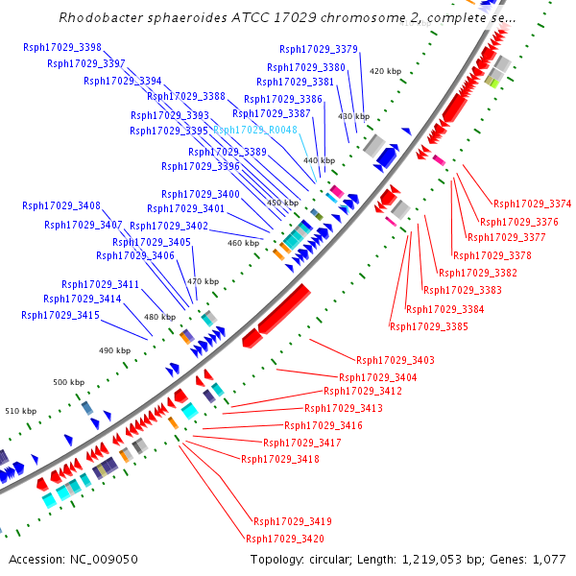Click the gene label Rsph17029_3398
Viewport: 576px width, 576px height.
pos(65,48)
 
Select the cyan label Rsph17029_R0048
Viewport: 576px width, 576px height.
pos(255,130)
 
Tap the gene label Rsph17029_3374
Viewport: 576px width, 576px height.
pos(532,204)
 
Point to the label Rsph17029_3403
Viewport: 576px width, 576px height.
pos(396,360)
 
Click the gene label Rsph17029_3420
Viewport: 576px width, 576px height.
pos(285,539)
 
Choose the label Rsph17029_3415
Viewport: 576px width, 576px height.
pos(60,315)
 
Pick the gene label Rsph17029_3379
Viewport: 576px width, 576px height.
pos(319,49)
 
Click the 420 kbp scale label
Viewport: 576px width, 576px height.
pos(385,71)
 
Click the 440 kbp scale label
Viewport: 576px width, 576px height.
pos(320,160)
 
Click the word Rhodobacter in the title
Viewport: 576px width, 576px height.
pos(100,18)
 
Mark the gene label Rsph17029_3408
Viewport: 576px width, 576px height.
pos(61,205)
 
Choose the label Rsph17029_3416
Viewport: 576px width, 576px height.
pos(323,425)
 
